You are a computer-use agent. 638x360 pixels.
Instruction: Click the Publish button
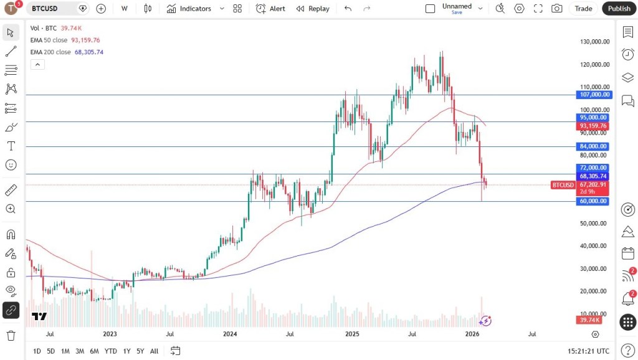coord(619,9)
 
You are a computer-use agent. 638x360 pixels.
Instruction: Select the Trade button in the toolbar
coord(583,9)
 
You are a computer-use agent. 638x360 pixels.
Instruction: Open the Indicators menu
coord(189,9)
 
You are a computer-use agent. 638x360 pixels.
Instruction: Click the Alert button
coord(270,9)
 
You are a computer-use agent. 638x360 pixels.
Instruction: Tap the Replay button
coord(313,9)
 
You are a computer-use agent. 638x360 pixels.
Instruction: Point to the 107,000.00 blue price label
coord(593,95)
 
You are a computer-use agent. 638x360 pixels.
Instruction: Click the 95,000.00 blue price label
coord(593,117)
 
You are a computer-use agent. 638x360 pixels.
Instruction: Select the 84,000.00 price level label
coord(593,146)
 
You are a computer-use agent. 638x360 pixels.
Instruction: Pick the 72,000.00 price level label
coord(593,168)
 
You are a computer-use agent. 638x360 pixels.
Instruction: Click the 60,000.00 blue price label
coord(593,201)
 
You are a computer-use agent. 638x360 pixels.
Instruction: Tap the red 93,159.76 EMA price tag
coord(593,126)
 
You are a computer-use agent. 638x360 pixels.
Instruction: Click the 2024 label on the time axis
coord(230,334)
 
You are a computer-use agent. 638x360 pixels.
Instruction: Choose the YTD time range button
coord(111,351)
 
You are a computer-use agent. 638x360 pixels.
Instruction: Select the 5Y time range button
coord(141,351)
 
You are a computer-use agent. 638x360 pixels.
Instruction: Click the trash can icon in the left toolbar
coord(11,336)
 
